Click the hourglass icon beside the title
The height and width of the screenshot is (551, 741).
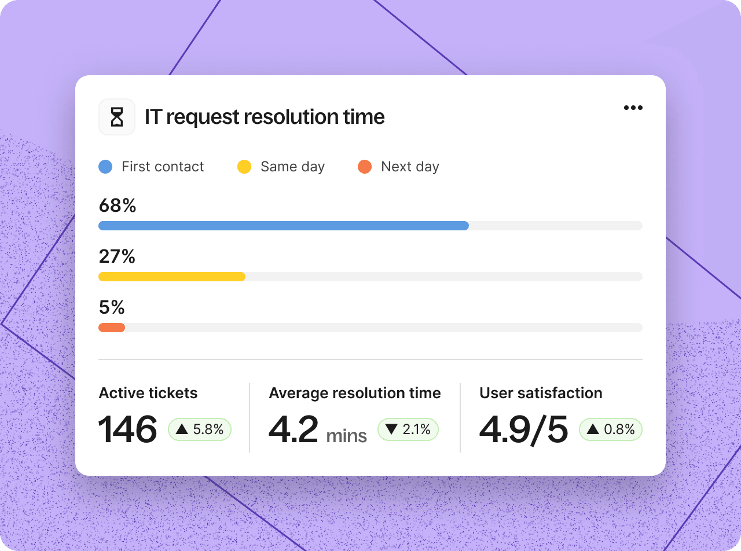[x=117, y=117]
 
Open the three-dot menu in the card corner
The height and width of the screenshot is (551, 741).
[x=633, y=108]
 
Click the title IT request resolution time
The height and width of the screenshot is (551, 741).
[x=265, y=117]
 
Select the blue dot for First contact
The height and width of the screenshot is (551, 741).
[x=105, y=167]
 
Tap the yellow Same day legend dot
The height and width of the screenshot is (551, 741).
[x=244, y=167]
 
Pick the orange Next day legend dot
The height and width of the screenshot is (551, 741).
[x=365, y=167]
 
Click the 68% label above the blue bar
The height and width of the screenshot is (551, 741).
[x=118, y=205]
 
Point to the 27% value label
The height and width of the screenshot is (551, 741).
[x=117, y=256]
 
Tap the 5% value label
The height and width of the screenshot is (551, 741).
[x=112, y=307]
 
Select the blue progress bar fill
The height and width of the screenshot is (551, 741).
[x=284, y=226]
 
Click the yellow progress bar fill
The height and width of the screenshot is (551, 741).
[x=172, y=277]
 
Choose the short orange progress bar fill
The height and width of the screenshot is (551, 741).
[x=112, y=328]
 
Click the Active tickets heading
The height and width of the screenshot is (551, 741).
[x=148, y=393]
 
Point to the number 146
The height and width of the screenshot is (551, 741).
[x=127, y=429]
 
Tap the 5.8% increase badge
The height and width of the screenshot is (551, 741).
[x=200, y=429]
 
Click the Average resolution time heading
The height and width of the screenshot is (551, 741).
[x=355, y=393]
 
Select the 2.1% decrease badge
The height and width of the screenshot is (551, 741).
[x=408, y=429]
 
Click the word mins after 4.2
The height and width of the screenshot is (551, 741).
[x=347, y=435]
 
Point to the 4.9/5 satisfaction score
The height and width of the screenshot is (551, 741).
[x=524, y=429]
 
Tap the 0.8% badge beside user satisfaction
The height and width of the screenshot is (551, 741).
[x=611, y=429]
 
